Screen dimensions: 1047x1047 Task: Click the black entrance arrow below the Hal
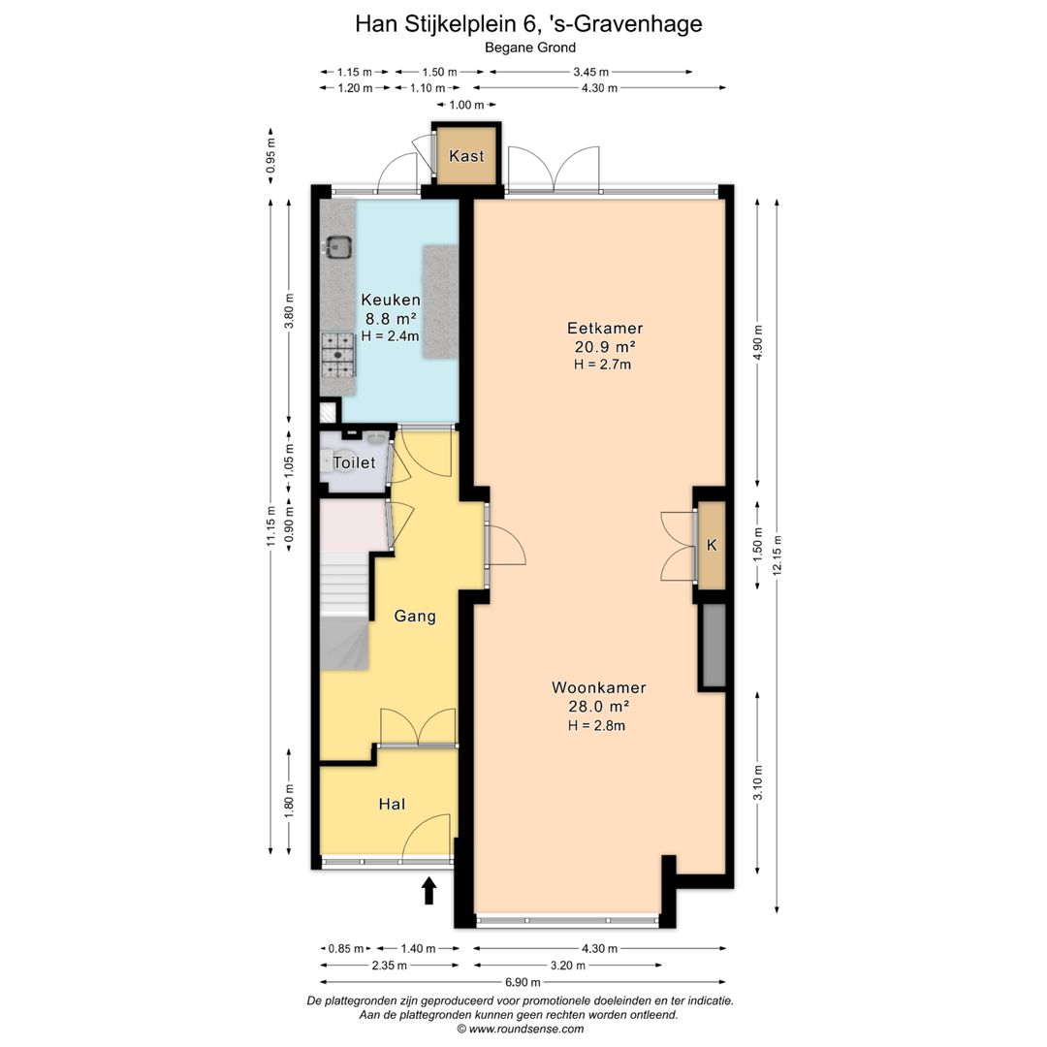429,891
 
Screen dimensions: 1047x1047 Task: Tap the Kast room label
466,156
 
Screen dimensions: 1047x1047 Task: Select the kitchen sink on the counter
338,247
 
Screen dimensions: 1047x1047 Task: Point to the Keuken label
391,300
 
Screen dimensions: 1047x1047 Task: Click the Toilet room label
354,462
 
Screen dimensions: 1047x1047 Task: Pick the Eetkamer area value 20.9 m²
605,346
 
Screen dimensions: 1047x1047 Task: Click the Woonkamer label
599,687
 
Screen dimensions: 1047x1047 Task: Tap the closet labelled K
712,545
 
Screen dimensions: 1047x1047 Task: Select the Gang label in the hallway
415,617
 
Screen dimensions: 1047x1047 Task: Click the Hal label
392,804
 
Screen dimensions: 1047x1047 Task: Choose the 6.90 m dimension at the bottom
523,982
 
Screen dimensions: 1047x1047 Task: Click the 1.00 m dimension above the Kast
466,105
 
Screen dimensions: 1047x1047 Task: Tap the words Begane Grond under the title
530,48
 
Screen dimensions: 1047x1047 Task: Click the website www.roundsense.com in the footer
526,1029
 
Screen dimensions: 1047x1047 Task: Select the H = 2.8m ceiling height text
597,726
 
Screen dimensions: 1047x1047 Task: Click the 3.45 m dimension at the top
591,72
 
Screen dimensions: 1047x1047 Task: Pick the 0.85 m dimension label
346,949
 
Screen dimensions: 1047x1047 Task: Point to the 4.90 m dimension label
757,342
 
